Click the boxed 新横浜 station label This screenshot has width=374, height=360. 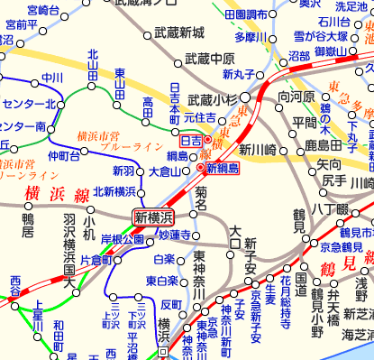(x=153, y=217)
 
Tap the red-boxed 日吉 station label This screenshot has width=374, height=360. (x=191, y=141)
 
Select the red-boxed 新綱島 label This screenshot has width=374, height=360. (x=222, y=168)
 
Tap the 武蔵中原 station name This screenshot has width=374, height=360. (x=209, y=59)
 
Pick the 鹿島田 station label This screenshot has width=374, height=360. (x=322, y=143)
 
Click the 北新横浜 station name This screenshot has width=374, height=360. (x=114, y=191)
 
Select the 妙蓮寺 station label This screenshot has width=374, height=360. (x=176, y=235)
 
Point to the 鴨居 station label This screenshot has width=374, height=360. (x=29, y=218)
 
